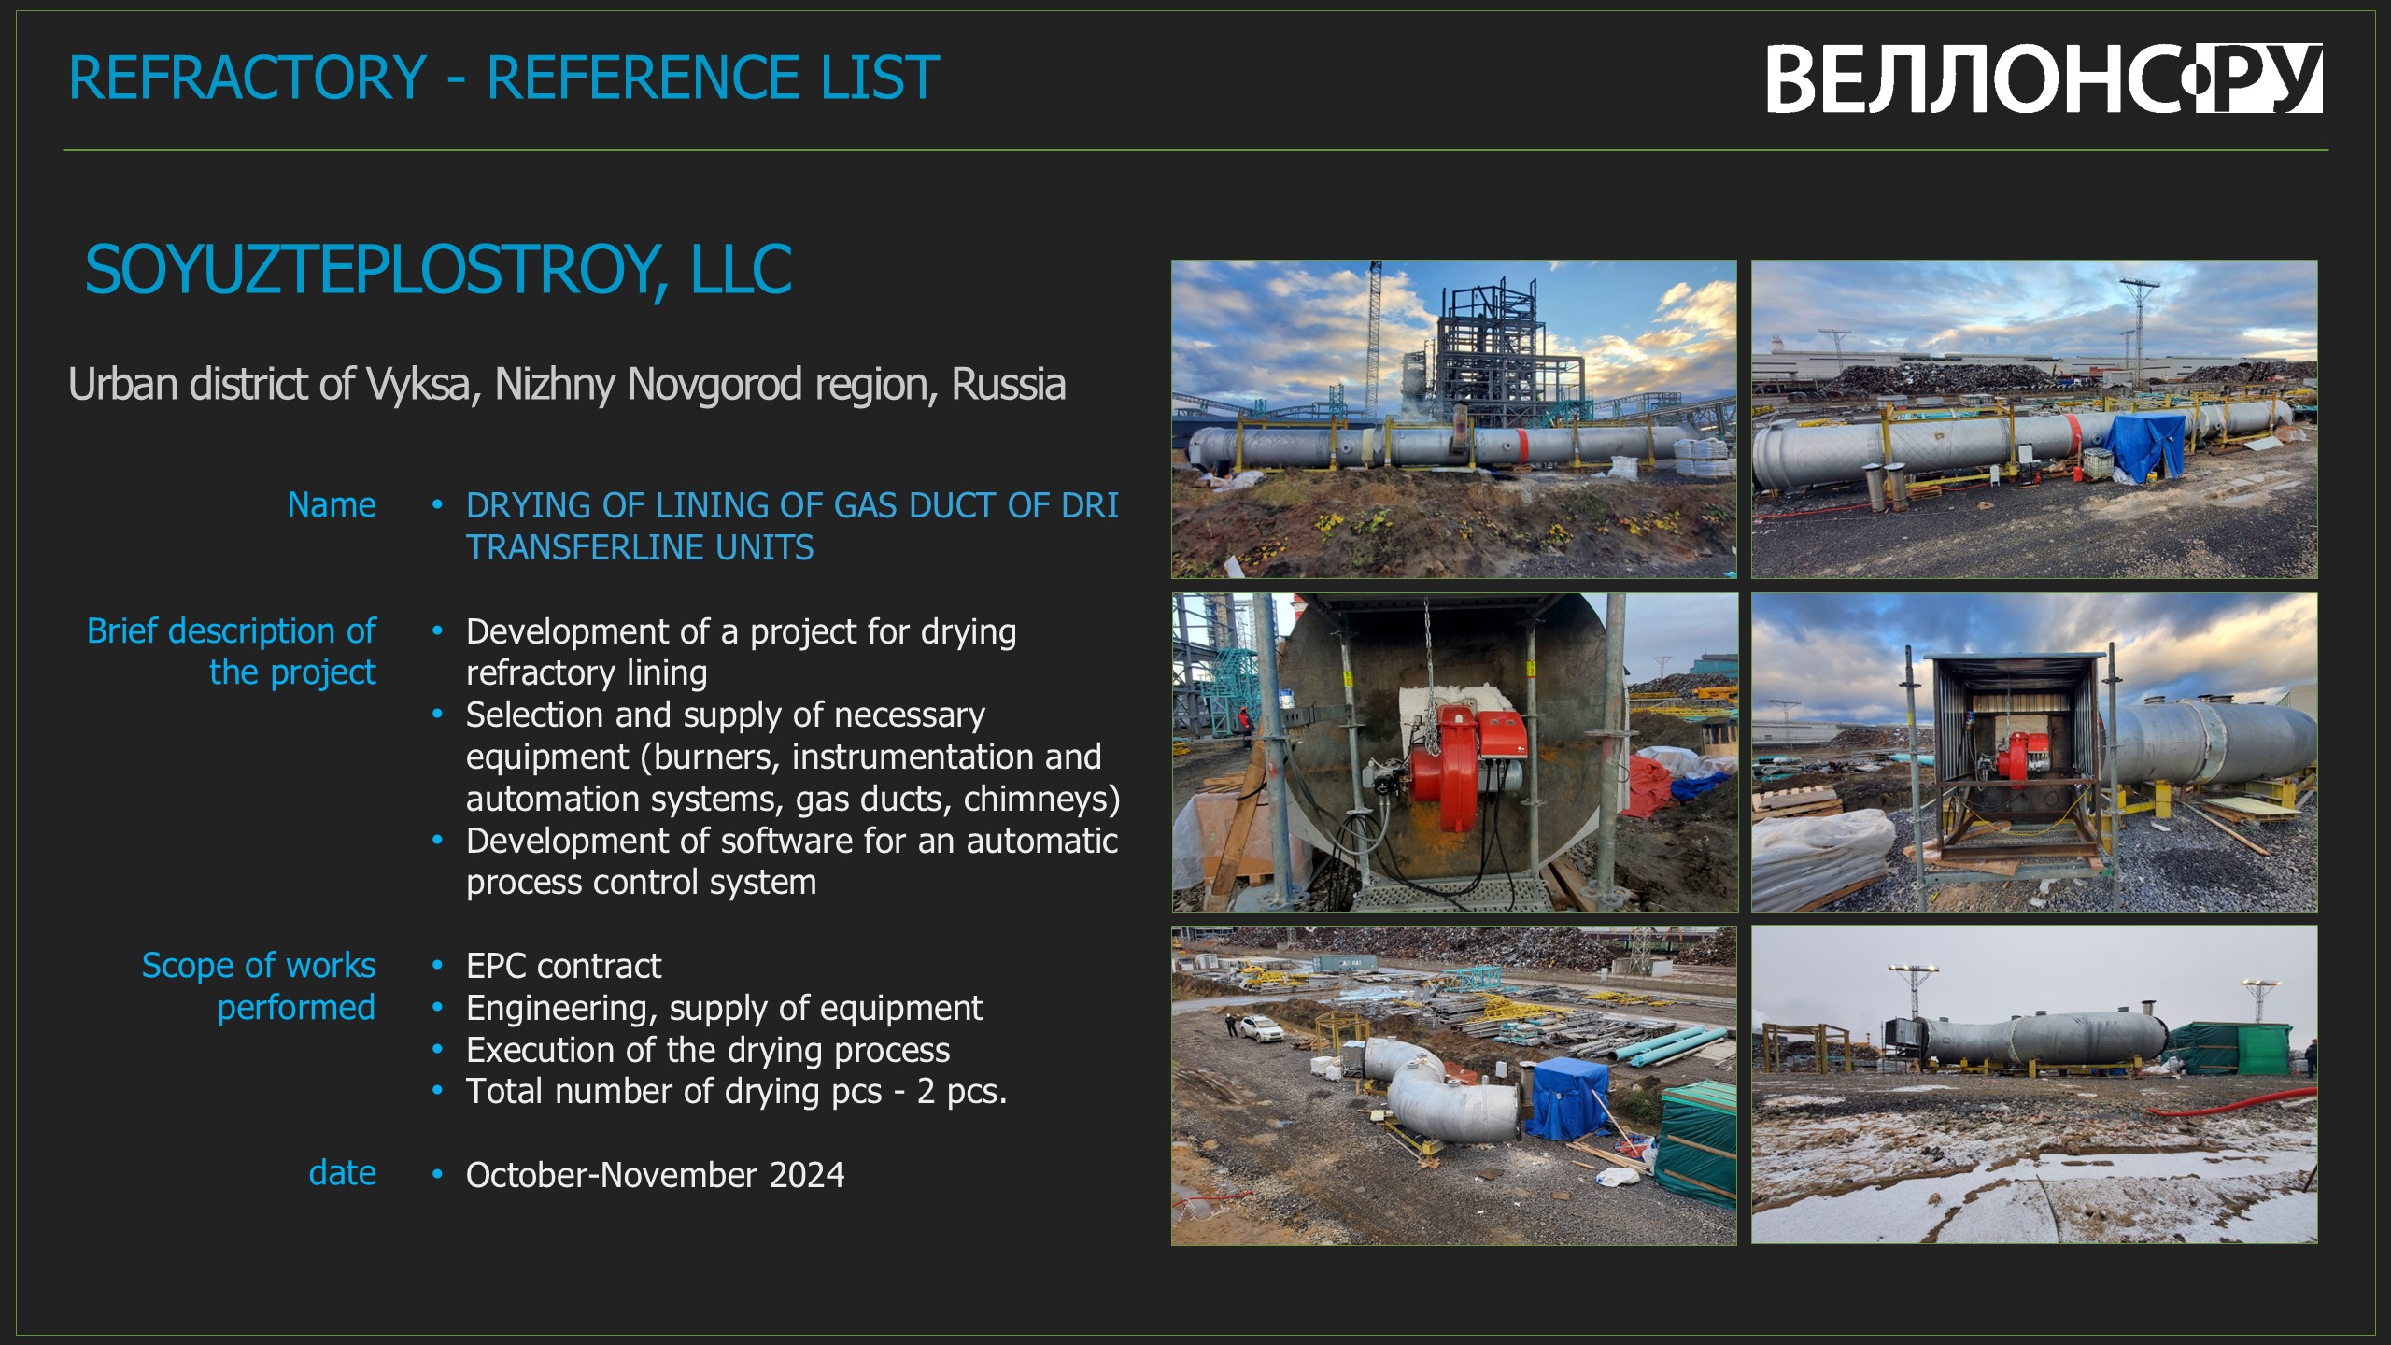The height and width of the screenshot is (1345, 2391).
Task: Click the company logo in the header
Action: point(2044,78)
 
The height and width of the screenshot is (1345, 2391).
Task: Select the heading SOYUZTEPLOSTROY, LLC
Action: point(438,270)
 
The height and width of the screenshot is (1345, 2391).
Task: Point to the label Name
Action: point(332,504)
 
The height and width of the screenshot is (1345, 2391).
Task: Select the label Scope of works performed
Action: point(259,986)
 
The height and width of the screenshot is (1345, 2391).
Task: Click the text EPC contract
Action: point(564,966)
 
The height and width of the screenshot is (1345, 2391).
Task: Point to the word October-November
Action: point(613,1175)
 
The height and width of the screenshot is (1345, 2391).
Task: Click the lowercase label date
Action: point(343,1173)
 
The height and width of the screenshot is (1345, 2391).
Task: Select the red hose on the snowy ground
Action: point(2232,1104)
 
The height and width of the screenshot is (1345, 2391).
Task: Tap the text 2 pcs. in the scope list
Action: point(962,1092)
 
